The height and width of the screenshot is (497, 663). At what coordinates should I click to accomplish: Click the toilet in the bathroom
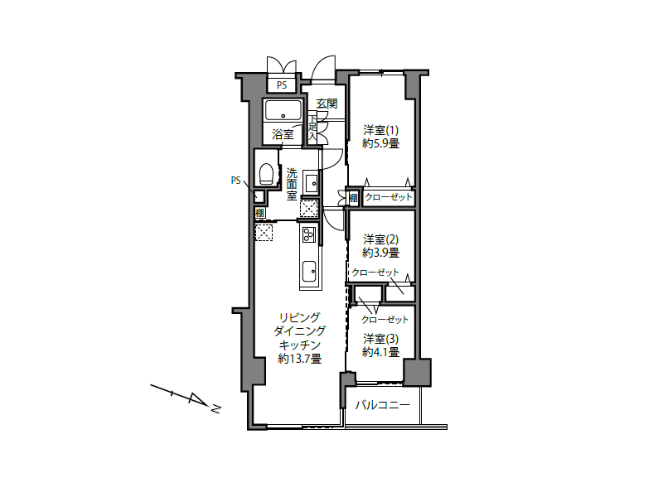[266, 174]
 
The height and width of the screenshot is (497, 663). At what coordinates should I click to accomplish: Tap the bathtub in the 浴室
[283, 110]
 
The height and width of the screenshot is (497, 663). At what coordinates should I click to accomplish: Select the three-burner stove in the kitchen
[309, 234]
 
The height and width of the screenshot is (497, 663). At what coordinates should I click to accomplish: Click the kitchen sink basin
[309, 268]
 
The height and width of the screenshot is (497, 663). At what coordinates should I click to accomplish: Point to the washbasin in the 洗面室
[312, 182]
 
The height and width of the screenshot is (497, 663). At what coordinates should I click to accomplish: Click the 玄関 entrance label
[327, 103]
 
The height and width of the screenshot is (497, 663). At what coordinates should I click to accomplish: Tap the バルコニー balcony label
[382, 405]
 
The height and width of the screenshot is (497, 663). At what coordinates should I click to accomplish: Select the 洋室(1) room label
[380, 130]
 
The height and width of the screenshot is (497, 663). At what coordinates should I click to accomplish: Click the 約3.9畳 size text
[380, 253]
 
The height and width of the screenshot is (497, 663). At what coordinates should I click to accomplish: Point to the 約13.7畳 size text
[300, 359]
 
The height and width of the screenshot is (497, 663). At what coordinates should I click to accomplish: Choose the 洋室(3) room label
[380, 339]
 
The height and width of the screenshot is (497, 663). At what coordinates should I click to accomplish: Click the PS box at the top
[282, 85]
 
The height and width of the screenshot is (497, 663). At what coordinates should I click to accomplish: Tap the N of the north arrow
[215, 409]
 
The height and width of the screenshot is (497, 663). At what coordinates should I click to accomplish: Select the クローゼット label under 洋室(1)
[388, 197]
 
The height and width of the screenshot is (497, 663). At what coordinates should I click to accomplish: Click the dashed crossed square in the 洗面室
[308, 209]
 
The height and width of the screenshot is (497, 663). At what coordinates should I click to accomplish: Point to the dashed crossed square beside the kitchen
[264, 233]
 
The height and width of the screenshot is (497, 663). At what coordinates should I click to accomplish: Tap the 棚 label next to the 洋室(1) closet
[354, 197]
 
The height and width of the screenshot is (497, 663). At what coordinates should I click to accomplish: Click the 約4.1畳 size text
[380, 351]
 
